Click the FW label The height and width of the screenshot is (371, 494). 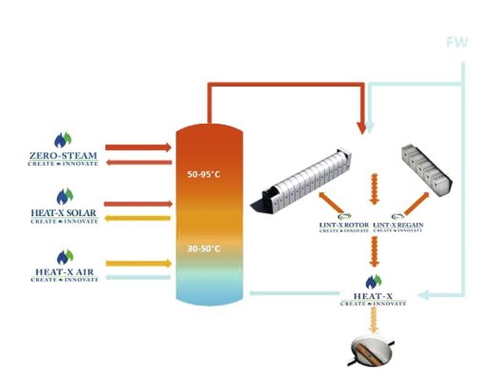pos(457,43)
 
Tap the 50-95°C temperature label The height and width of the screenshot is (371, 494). pos(204,174)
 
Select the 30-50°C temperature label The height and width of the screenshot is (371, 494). pos(204,249)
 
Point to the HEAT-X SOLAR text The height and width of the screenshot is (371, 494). pos(64,213)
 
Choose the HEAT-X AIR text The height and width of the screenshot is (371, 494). pos(64,272)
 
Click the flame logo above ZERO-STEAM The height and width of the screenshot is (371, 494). pos(63,139)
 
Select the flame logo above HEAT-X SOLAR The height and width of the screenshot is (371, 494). pos(64,197)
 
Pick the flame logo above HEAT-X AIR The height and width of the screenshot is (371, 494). pos(64,256)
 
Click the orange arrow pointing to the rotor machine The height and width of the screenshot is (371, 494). pos(330,202)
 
